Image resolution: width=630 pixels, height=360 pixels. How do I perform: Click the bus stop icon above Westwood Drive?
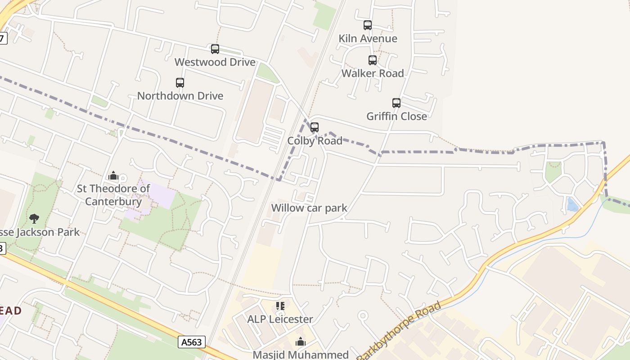pyautogui.click(x=215, y=49)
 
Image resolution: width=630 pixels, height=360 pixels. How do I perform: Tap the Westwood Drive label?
pyautogui.click(x=215, y=62)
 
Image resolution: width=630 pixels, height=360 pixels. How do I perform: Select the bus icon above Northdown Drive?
pyautogui.click(x=180, y=83)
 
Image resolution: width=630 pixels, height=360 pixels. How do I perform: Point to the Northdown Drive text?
pyautogui.click(x=180, y=96)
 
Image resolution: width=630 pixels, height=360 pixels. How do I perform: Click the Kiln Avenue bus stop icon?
pyautogui.click(x=368, y=25)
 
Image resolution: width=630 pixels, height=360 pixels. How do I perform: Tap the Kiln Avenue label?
pyautogui.click(x=368, y=39)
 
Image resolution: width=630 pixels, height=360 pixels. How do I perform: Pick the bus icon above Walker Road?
pyautogui.click(x=373, y=60)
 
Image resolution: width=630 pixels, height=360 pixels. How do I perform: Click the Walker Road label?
pyautogui.click(x=373, y=73)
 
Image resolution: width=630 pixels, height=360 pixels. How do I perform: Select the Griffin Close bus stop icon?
pyautogui.click(x=396, y=103)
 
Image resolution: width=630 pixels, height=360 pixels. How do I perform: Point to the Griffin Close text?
pyautogui.click(x=396, y=116)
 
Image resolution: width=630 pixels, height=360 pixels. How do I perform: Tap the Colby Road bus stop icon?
pyautogui.click(x=315, y=127)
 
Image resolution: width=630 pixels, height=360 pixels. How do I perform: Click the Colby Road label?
pyautogui.click(x=315, y=141)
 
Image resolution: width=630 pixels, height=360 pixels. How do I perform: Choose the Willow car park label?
pyautogui.click(x=309, y=208)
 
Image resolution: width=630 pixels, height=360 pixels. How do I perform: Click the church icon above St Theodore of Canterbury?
pyautogui.click(x=113, y=175)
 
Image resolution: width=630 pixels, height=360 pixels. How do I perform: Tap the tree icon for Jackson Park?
pyautogui.click(x=34, y=219)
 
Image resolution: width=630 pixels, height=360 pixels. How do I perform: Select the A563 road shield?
pyautogui.click(x=192, y=342)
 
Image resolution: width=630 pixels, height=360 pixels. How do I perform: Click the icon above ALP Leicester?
pyautogui.click(x=280, y=306)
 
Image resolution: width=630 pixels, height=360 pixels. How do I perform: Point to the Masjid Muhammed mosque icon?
pyautogui.click(x=301, y=342)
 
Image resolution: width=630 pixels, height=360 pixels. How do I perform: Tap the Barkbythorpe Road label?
pyautogui.click(x=399, y=331)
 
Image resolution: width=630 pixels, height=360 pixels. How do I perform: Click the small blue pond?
pyautogui.click(x=572, y=205)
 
